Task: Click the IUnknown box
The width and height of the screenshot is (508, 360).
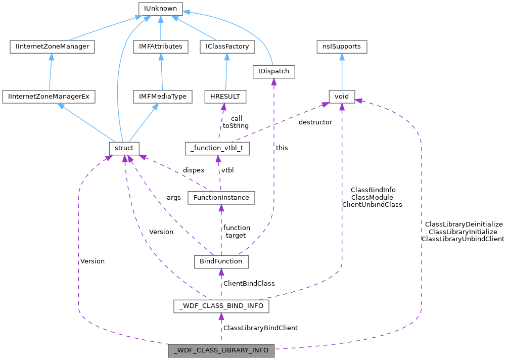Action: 160,9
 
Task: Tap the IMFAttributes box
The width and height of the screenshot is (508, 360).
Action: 161,47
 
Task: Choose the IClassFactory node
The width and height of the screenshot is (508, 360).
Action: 226,47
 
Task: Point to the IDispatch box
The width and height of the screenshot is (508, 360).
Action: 274,71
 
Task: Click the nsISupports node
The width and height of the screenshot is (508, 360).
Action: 342,47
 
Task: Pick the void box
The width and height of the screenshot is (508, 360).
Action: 342,96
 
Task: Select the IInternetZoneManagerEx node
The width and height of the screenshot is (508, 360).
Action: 49,96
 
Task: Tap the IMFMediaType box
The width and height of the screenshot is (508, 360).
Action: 163,96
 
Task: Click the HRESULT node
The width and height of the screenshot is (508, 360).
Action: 225,96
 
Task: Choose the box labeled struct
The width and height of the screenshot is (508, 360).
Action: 124,148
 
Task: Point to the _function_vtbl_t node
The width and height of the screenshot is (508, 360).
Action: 217,149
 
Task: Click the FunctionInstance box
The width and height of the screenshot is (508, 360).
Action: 221,197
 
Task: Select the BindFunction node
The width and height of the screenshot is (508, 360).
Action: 221,261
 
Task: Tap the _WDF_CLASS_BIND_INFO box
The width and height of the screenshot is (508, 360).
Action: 221,306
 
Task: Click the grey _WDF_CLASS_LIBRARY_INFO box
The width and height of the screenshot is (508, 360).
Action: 221,350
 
